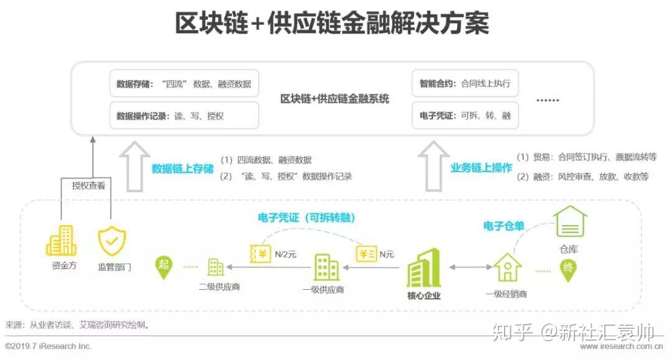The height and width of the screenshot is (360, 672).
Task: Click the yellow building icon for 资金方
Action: [61, 241]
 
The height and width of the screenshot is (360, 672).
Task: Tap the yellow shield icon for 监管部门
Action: [112, 241]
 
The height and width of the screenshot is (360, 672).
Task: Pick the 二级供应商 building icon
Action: [215, 267]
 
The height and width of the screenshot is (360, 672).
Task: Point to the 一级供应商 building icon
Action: [326, 267]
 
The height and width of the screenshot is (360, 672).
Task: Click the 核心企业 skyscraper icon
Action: [424, 267]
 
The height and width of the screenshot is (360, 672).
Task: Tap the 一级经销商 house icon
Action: [508, 267]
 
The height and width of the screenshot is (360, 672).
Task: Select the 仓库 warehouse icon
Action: [570, 222]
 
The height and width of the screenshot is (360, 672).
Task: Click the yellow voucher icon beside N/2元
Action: [260, 254]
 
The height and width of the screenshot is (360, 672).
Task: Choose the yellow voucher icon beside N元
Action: [366, 254]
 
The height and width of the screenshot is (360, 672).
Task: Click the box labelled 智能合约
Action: [465, 83]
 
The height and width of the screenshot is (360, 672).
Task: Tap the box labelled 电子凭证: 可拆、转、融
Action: [465, 116]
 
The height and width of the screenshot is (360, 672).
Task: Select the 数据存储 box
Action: [184, 83]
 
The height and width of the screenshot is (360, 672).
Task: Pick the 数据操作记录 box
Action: [184, 116]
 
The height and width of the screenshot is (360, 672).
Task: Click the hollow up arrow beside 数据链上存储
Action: [134, 167]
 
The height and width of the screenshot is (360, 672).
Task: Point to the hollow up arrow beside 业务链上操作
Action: [433, 166]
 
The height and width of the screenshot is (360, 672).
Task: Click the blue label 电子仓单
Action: [503, 226]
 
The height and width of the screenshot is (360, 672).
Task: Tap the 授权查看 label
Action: [88, 186]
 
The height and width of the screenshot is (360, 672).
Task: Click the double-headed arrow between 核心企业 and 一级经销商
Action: [470, 267]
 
